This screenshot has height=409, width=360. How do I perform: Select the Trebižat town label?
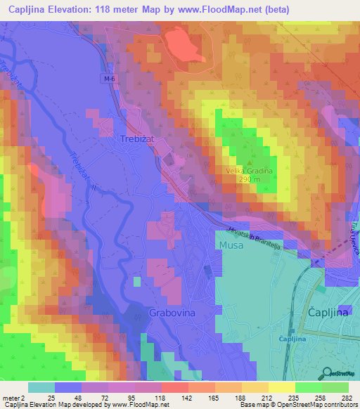[x=131, y=139]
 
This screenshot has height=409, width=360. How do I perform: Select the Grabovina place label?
[x=172, y=311]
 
